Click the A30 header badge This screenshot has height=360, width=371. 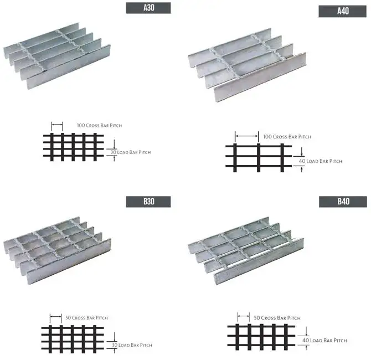(148, 8)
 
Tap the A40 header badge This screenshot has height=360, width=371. (342, 11)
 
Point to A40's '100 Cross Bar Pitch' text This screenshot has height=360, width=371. (287, 136)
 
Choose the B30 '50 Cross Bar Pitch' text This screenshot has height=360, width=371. (86, 318)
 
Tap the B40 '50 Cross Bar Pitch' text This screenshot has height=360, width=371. (277, 318)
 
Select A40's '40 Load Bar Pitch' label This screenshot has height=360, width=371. (320, 161)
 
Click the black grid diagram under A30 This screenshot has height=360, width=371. (74, 147)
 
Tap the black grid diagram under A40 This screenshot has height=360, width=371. (258, 157)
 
